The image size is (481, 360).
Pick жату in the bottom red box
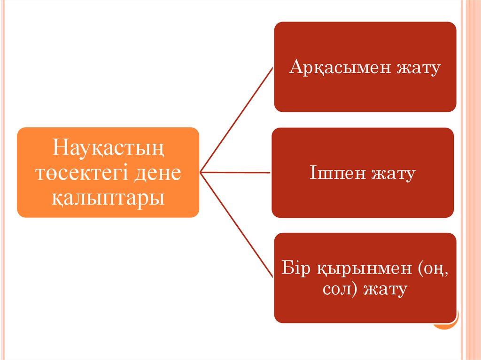(385, 289)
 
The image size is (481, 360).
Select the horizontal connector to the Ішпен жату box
(235, 172)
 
